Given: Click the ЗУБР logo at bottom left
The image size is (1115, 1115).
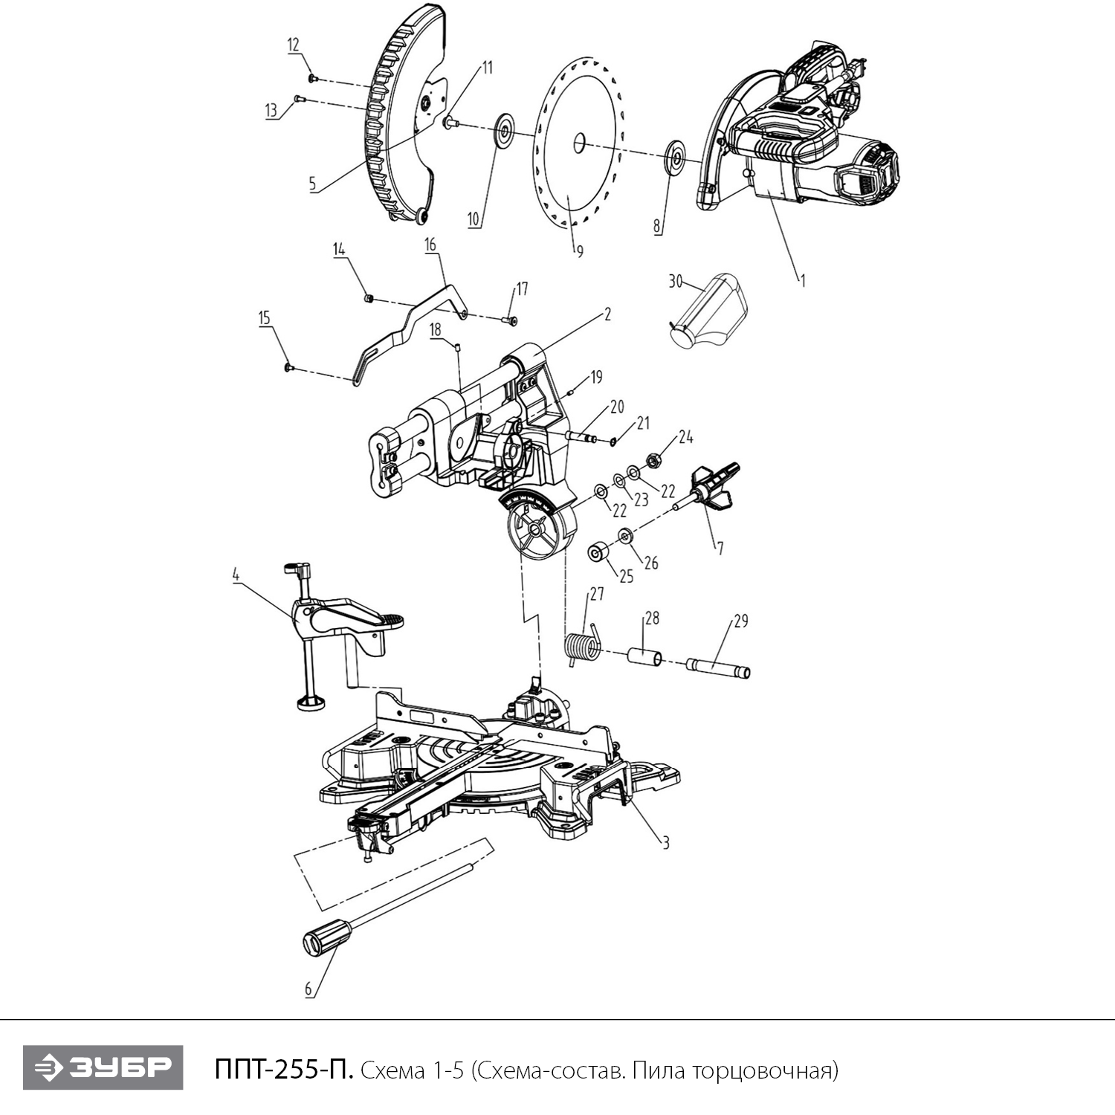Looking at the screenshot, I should coord(103,1067).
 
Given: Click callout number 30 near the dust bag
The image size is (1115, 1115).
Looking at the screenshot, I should coord(675,281).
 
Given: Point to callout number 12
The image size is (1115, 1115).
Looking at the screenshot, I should coord(294,45).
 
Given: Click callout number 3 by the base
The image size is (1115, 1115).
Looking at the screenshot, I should coord(666,842).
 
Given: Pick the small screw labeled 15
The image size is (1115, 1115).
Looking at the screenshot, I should coord(288,366).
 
